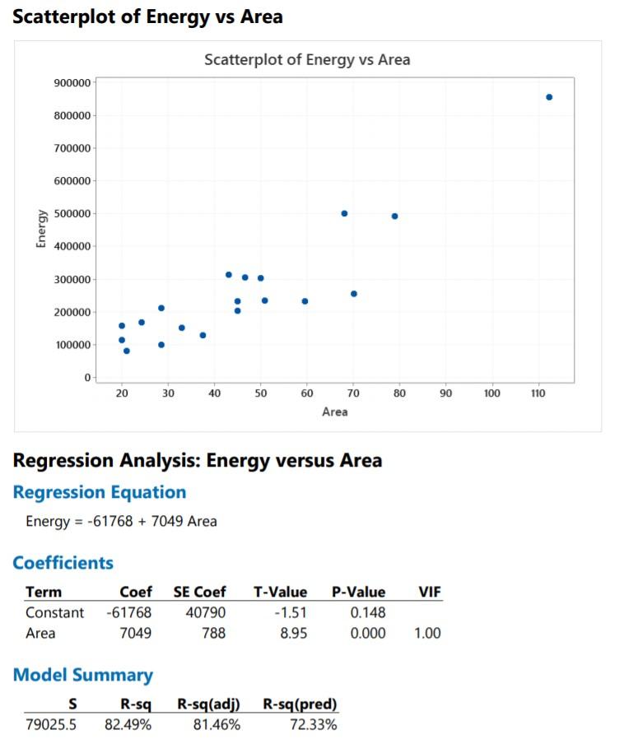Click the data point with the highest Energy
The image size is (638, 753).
coord(549,97)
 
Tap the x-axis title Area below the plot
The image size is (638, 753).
coord(335,411)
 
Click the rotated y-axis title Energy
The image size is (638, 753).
coord(40,229)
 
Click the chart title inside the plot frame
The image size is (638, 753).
coord(306,60)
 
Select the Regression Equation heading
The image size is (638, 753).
coord(99,492)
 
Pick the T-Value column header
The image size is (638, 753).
coord(280,592)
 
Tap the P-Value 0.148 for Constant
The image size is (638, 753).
coord(367,613)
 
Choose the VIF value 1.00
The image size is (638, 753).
coord(427,633)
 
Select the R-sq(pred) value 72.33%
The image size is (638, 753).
coord(313,725)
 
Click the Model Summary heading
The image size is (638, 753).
coord(82,676)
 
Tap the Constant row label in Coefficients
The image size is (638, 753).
coord(54,613)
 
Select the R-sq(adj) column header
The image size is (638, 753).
coord(208,704)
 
